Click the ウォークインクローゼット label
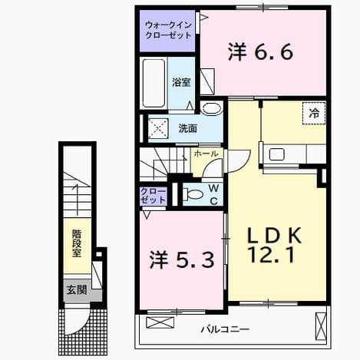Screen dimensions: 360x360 (168, 30)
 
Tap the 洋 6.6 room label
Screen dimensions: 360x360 (260, 52)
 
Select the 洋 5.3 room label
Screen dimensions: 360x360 (182, 260)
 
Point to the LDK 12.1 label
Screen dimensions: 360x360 (273, 245)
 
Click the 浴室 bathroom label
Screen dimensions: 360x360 (181, 82)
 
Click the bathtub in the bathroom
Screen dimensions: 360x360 (154, 83)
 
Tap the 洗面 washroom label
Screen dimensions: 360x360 (187, 128)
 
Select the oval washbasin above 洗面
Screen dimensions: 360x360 (211, 108)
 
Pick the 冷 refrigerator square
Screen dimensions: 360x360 (314, 113)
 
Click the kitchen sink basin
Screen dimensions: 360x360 (277, 154)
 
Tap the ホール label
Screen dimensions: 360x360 (206, 154)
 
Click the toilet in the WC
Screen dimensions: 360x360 (193, 194)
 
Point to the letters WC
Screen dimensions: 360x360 (213, 195)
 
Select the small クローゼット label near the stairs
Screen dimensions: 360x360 (153, 196)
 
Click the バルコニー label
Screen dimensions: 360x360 (225, 329)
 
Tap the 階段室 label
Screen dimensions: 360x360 (77, 243)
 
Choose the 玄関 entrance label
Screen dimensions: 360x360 (77, 290)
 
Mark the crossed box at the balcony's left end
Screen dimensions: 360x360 (160, 322)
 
